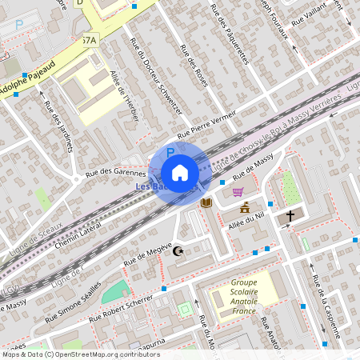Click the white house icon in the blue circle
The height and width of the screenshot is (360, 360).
coord(180,173)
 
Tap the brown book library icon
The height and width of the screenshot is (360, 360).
coord(206,203)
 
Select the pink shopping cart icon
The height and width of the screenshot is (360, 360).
coord(238,191)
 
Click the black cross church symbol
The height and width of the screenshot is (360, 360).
coord(290,215)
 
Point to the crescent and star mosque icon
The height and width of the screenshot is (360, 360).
coord(178,251)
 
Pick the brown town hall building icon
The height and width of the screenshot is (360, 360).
coord(245,209)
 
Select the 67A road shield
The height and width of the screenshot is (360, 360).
coord(89,39)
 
